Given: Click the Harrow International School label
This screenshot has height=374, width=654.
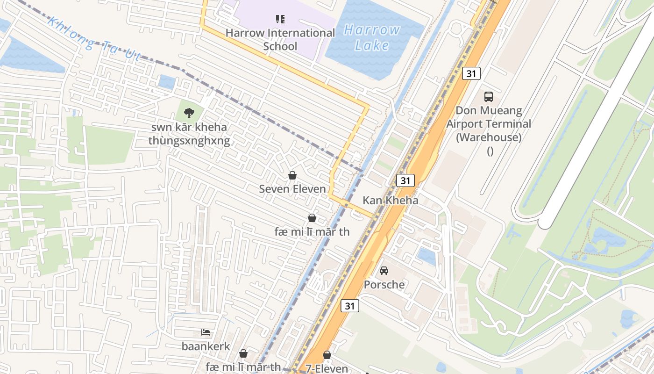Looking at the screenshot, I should pos(280,40).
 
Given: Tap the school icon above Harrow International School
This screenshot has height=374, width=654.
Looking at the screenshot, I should pos(280,19).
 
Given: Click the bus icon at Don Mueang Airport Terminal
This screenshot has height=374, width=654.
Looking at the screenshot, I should pos(489,97).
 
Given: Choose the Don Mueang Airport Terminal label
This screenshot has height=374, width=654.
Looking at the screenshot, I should pos(489,124).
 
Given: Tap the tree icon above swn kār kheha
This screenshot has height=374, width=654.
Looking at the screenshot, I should pos(189,113).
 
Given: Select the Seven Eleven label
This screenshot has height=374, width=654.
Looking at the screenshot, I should pos(292,189).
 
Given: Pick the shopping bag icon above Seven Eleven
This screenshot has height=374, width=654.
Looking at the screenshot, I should pos(292,175).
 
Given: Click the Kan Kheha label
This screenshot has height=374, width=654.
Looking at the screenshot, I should pos(391,201).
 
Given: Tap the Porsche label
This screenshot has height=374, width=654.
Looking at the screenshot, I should pos(384,284).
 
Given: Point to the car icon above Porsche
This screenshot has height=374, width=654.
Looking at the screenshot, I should pos(384,271).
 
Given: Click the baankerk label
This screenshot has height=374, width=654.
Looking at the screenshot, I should pos(206,346).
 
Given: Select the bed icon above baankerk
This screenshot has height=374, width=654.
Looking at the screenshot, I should pos(206,332).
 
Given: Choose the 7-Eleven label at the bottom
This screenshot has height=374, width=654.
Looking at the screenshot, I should pos(327,368).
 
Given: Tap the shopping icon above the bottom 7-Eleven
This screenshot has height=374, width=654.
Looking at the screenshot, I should pos(327,355).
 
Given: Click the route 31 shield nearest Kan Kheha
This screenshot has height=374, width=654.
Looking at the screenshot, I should pos(405,180).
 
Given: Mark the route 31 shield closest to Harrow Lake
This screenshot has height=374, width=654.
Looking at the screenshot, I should pos(471,73).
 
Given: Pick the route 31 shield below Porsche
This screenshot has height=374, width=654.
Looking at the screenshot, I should pos(350,306).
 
